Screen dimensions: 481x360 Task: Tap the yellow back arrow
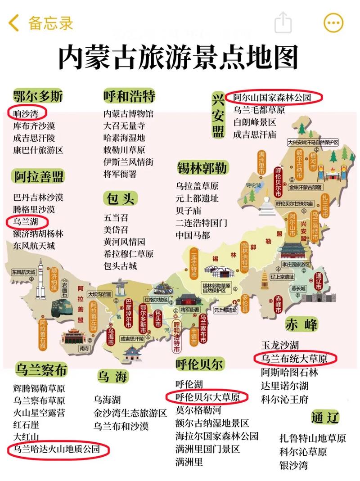pos(14,23)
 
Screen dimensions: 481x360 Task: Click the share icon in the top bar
pos(283,22)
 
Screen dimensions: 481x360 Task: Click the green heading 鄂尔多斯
pos(38,96)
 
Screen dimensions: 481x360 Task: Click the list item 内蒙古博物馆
pos(128,114)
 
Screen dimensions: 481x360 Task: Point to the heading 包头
pos(120,198)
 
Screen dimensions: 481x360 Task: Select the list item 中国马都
pos(193,234)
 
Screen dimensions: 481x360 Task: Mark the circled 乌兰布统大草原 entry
pos(294,359)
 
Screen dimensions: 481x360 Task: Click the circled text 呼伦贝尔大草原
pos(207,397)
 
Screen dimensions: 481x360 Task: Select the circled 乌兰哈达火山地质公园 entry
pos(59,449)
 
